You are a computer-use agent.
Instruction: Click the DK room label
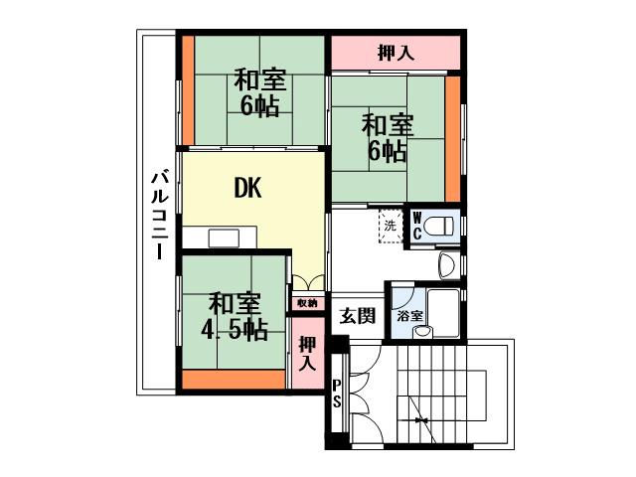(247, 188)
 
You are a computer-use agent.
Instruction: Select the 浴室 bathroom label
(409, 315)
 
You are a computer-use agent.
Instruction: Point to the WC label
(418, 225)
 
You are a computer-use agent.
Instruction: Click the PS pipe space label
(337, 395)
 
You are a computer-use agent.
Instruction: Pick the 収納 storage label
(306, 302)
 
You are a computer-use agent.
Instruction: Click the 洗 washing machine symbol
(391, 225)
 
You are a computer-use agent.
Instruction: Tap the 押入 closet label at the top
(396, 54)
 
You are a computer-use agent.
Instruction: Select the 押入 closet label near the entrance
(308, 353)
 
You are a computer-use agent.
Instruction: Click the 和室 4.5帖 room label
(235, 316)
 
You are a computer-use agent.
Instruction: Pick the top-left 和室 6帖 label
(258, 91)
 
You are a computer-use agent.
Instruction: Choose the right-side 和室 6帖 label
(385, 138)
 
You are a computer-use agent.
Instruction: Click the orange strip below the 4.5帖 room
(235, 379)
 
